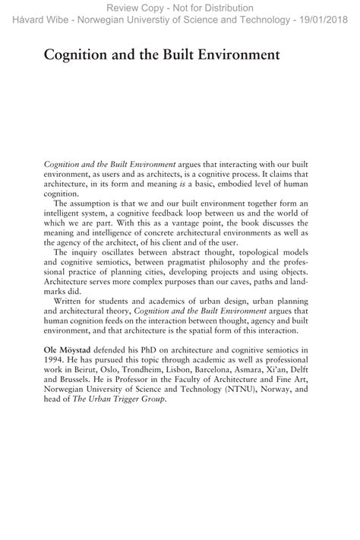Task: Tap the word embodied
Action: click(247, 184)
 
